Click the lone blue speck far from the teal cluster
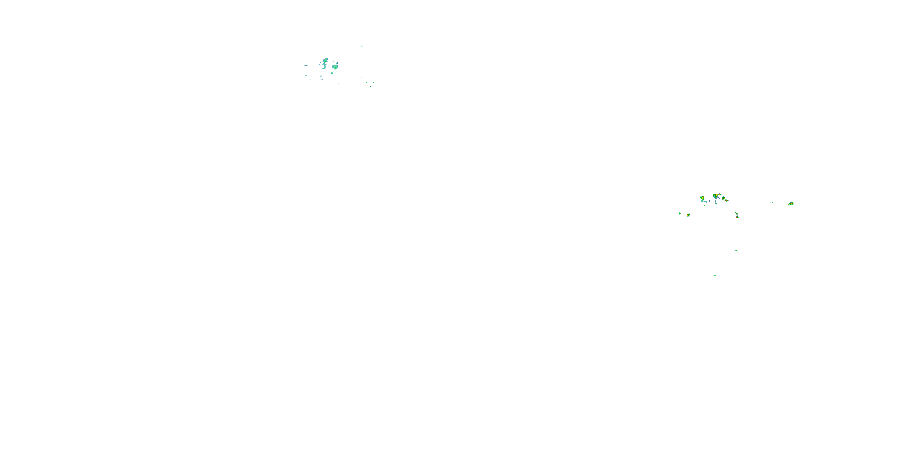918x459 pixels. (x=258, y=38)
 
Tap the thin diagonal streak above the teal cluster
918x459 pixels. (x=362, y=46)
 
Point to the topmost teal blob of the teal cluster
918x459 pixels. (x=325, y=60)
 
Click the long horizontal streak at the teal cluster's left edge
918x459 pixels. (x=307, y=65)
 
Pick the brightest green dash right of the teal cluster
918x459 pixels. (x=366, y=83)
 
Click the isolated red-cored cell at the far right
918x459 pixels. (x=791, y=203)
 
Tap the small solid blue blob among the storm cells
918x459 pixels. (x=710, y=201)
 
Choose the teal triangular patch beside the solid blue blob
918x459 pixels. (x=706, y=202)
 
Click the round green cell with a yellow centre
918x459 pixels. (x=688, y=215)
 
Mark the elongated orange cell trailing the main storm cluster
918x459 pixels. (x=726, y=200)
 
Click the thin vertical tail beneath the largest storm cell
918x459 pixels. (x=716, y=202)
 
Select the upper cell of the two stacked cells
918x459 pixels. (x=736, y=214)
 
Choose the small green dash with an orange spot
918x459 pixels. (x=735, y=251)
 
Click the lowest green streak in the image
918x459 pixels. (x=715, y=275)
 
